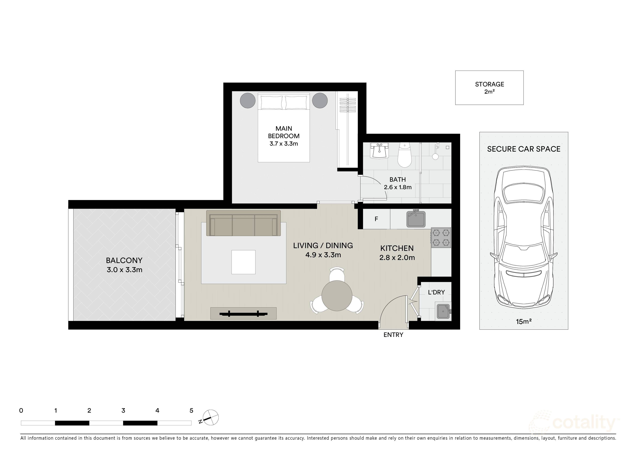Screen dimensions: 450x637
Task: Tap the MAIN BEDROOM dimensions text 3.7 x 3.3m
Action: click(x=283, y=144)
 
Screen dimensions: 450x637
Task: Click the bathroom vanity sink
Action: click(x=379, y=151)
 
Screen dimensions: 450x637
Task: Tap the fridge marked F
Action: click(x=376, y=219)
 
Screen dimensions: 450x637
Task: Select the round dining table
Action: click(x=337, y=296)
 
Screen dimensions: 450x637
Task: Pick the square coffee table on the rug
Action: click(x=243, y=262)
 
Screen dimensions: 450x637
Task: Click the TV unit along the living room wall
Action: click(x=243, y=313)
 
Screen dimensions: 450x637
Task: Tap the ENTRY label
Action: click(x=393, y=335)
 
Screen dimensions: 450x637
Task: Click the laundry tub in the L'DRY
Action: click(x=443, y=311)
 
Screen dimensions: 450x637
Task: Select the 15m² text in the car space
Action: click(x=524, y=322)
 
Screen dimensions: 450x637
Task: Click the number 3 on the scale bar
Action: click(x=123, y=411)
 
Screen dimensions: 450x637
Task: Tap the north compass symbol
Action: click(x=211, y=418)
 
